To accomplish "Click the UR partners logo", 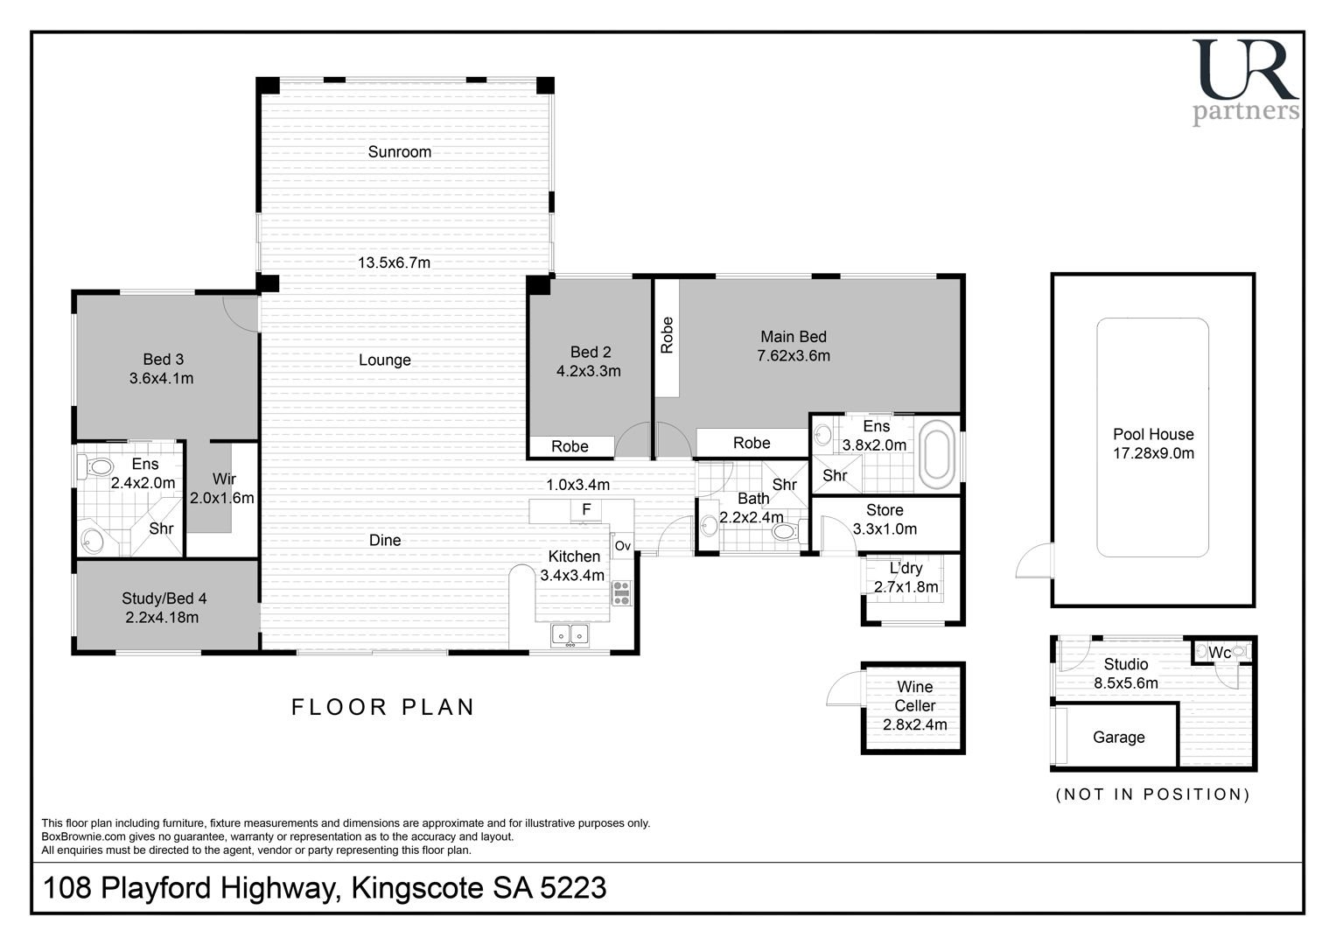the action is tap(1245, 82).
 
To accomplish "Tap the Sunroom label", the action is tap(399, 151).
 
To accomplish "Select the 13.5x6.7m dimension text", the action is tap(394, 262).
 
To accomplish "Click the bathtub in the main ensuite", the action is tap(936, 454).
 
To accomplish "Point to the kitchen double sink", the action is tap(570, 634).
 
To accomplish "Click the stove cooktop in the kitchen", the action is tap(621, 593).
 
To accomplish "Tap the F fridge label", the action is tap(586, 509).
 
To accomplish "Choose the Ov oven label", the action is tap(623, 545).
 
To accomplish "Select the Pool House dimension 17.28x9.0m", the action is tap(1153, 453).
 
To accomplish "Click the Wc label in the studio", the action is tap(1219, 653).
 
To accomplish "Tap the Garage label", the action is tap(1118, 738).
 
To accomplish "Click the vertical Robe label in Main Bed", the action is tap(667, 334).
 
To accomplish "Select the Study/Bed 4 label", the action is tap(164, 598).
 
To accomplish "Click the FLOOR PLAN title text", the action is tap(382, 707).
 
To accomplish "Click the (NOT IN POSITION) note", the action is tap(1152, 794).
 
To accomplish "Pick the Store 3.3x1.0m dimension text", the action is tap(885, 528).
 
